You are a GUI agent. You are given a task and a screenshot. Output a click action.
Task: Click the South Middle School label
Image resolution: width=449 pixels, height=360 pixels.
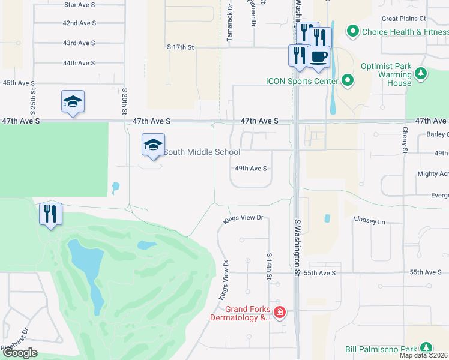click(x=202, y=152)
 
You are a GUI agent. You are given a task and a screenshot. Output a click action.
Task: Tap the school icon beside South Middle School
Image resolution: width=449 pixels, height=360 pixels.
click(x=153, y=145)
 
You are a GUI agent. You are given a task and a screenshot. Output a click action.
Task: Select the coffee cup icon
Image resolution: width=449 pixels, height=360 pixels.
click(x=318, y=57)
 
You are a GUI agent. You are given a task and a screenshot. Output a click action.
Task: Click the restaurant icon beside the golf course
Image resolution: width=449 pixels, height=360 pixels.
click(x=50, y=214)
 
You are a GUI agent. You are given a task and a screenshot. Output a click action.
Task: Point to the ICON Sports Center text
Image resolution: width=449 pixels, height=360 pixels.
click(x=301, y=81)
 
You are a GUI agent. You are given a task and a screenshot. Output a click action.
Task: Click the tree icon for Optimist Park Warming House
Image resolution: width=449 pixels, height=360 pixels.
click(x=421, y=74)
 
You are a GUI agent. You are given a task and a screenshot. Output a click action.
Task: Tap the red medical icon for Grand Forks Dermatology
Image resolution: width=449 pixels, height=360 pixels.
click(x=279, y=312)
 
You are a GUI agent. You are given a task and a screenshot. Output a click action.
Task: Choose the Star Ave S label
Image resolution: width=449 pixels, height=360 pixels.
click(x=79, y=4)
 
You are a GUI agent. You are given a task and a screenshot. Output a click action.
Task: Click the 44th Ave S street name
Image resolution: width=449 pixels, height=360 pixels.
click(x=79, y=63)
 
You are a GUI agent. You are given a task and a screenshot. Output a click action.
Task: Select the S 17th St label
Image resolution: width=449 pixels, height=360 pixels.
click(x=181, y=47)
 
